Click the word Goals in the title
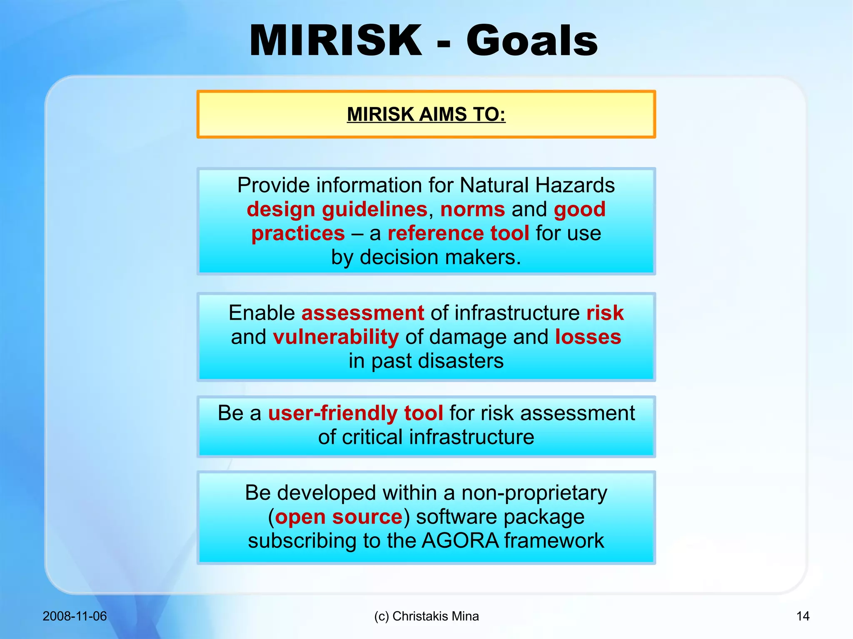[x=532, y=41]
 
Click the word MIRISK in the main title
[x=336, y=41]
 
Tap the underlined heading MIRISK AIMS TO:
[x=426, y=114]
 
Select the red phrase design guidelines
[x=337, y=209]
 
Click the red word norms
[x=472, y=209]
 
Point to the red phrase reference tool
[x=458, y=233]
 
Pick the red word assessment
[x=362, y=313]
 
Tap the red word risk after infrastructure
[x=605, y=313]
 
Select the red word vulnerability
[x=336, y=337]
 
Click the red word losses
[x=588, y=337]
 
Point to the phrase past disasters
[x=437, y=361]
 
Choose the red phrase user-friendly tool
[x=355, y=413]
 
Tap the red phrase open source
[x=339, y=517]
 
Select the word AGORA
[x=460, y=541]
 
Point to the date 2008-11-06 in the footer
[x=75, y=616]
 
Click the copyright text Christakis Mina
[x=435, y=616]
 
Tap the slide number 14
[x=803, y=616]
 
